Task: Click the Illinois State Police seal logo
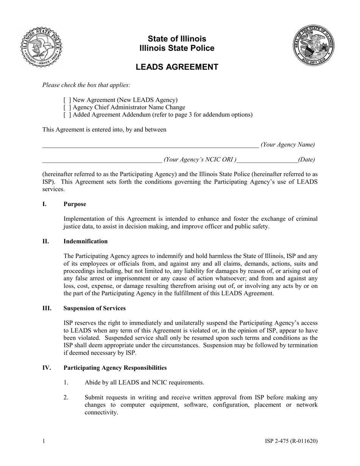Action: point(41,47)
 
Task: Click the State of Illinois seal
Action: point(313,45)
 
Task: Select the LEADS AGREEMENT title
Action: point(177,67)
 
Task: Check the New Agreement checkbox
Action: point(67,100)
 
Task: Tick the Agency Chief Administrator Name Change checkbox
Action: point(67,108)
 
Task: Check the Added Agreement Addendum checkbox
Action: point(67,115)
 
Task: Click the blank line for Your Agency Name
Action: point(150,145)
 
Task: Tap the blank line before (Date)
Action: point(267,160)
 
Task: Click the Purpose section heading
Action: point(75,204)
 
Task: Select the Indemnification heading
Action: point(85,241)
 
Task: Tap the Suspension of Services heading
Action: point(94,308)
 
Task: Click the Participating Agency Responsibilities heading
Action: point(115,368)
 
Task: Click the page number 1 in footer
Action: point(44,441)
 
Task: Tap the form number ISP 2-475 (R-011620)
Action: point(291,441)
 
